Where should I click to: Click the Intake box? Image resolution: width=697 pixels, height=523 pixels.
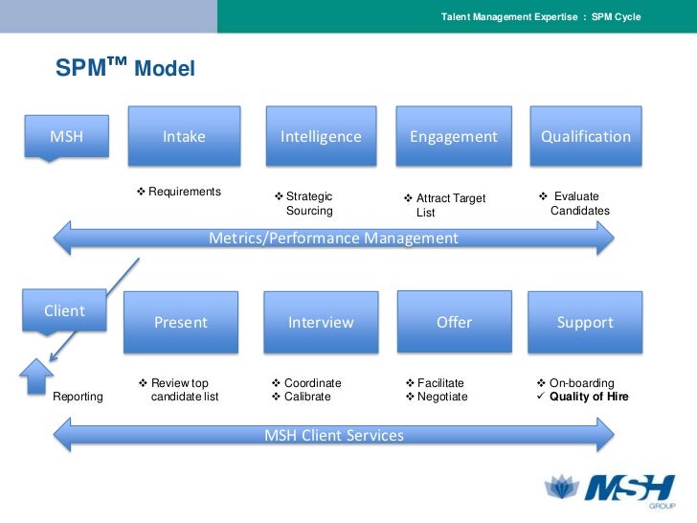184,136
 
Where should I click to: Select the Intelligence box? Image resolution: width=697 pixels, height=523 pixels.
321,136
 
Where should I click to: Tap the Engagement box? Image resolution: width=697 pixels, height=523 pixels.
454,136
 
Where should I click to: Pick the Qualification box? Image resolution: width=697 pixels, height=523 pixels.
586,136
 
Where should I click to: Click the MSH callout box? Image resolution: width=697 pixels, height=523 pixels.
67,136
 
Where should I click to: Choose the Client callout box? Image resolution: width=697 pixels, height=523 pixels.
64,310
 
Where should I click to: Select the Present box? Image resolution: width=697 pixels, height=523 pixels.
181,322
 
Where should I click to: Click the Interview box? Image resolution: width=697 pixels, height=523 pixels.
321,322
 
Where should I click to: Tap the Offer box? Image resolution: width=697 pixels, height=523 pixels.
454,322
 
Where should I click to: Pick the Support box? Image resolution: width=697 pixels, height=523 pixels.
585,322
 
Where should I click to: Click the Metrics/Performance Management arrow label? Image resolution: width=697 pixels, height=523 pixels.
333,239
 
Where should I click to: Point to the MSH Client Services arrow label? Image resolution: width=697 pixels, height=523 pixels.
334,435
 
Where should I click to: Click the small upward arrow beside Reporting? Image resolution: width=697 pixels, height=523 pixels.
36,376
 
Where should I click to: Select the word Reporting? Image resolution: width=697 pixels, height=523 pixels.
78,397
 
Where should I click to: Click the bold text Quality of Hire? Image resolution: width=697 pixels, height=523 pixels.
589,397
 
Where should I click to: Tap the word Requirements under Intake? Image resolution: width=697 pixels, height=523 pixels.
185,192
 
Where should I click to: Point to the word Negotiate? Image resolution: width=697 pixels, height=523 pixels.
442,397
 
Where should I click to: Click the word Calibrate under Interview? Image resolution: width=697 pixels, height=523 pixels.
307,397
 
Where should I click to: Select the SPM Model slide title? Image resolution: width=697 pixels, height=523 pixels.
124,68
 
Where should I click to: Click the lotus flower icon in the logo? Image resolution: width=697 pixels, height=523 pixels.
562,486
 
